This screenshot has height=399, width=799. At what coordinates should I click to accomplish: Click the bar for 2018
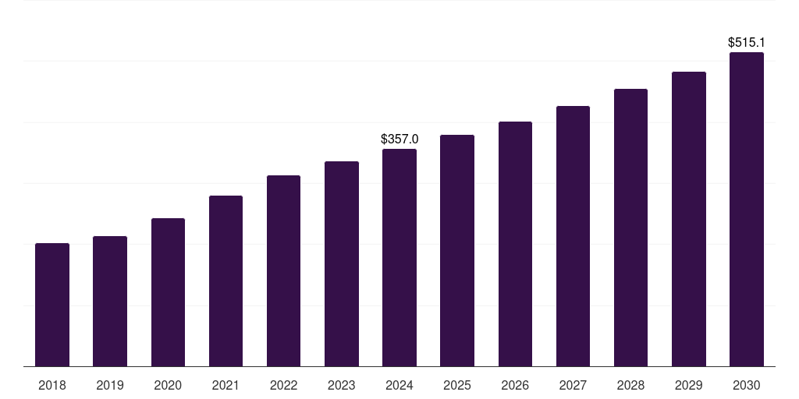point(52,305)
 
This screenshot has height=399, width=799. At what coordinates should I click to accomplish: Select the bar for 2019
point(110,302)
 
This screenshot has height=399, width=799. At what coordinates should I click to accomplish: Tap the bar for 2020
point(168,292)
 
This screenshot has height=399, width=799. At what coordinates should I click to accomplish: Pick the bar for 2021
point(225,281)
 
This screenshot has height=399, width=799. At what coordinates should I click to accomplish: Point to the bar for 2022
point(283,270)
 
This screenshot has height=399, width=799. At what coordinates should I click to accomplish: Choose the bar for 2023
point(342,263)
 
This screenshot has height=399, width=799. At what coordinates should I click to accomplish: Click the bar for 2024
point(399,257)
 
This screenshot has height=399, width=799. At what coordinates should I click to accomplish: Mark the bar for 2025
point(457,250)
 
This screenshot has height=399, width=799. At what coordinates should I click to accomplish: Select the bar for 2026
point(515,244)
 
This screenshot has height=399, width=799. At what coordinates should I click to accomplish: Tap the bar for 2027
point(573,236)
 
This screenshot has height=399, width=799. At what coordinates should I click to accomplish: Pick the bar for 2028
point(630,228)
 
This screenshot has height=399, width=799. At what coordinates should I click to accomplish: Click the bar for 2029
point(689,219)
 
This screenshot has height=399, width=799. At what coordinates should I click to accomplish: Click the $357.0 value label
point(399,139)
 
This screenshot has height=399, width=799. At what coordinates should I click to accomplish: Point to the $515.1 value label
point(747,42)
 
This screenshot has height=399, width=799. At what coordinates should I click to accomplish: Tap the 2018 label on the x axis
point(52,385)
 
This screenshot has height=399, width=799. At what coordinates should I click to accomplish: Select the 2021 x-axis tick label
point(225,385)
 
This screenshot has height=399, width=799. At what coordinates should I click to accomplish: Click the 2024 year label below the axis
point(399,385)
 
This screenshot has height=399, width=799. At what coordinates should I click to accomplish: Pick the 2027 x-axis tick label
point(573,385)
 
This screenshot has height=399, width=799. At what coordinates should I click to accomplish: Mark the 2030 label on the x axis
point(747,385)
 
